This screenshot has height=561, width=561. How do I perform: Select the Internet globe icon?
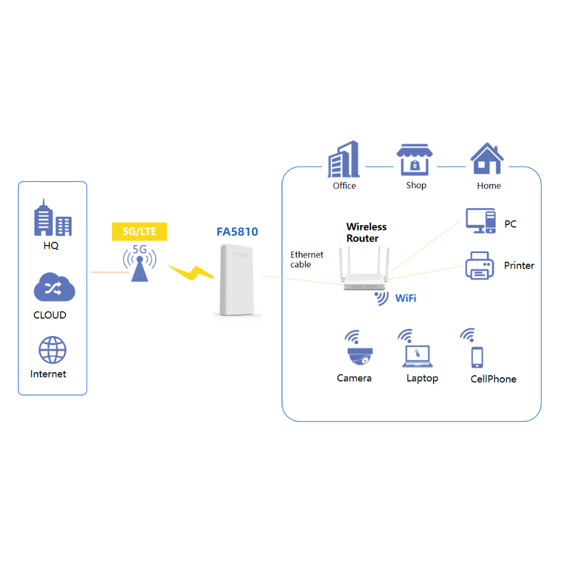tap(52, 350)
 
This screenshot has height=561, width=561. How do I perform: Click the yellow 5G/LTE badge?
tap(140, 232)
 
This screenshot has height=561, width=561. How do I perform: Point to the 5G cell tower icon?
tap(140, 266)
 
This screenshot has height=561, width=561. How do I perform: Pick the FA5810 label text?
tap(237, 232)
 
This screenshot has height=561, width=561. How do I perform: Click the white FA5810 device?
tap(237, 280)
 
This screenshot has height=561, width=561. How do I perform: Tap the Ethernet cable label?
tap(307, 259)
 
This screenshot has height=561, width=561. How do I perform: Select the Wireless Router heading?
tap(367, 232)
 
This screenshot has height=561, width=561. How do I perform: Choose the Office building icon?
tap(344, 159)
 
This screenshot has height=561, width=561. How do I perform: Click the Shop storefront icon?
tap(415, 160)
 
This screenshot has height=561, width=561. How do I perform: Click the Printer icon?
tap(480, 265)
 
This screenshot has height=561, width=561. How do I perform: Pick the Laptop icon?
tap(416, 356)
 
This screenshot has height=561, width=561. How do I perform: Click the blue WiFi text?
tap(406, 298)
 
